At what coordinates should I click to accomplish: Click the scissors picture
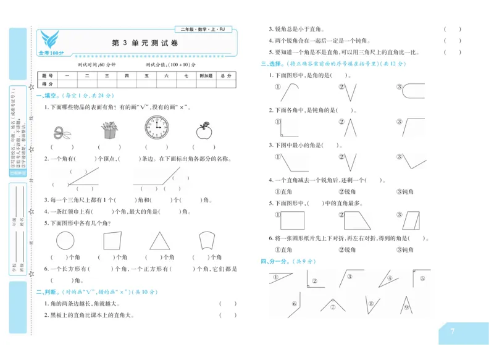click(x=61, y=131)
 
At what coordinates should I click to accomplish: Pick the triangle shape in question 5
click(x=159, y=241)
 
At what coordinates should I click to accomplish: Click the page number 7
click(x=453, y=332)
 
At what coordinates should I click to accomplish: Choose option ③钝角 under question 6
click(x=405, y=250)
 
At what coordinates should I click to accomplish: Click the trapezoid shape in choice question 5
click(x=354, y=220)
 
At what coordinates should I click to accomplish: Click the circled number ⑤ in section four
click(x=422, y=278)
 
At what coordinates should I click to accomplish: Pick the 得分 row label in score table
click(x=47, y=83)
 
